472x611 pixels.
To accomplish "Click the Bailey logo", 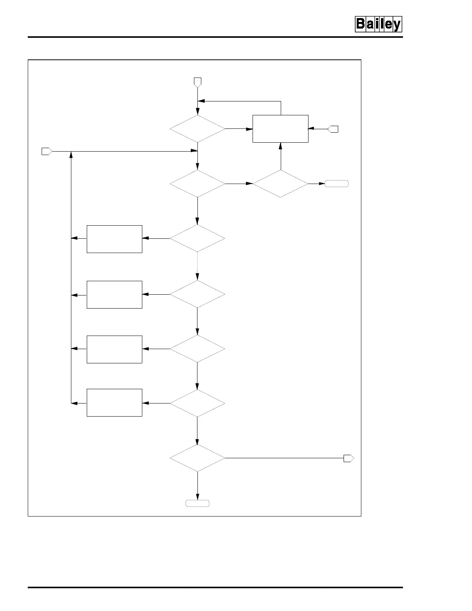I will [378, 24].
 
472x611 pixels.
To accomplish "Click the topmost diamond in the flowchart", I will [197, 129].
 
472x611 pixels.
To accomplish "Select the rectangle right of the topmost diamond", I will [280, 129].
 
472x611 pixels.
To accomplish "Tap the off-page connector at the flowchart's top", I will [197, 82].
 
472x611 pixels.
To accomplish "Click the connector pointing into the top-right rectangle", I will [333, 129].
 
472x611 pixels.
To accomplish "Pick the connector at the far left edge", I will [47, 152].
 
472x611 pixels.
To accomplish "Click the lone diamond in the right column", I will [280, 184].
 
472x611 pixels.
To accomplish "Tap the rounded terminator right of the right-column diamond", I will [337, 184].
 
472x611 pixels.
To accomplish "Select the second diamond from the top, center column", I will [197, 184].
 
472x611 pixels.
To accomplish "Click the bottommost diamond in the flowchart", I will [197, 458].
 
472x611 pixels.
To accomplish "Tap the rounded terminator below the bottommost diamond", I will [197, 503].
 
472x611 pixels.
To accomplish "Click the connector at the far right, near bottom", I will [349, 458].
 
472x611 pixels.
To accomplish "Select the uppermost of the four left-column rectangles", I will [115, 239].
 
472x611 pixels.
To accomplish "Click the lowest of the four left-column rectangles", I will [115, 403].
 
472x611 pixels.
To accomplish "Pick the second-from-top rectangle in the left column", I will [115, 295].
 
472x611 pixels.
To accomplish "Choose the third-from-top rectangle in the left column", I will [115, 349].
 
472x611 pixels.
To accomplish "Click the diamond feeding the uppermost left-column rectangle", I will [197, 239].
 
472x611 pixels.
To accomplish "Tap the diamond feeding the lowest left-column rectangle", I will [197, 403].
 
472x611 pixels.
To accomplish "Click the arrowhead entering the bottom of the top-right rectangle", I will [281, 146].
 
